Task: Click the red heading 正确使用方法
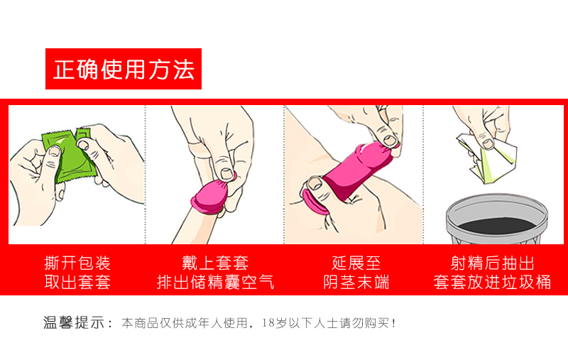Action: pos(124,69)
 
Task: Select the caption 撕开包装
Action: pos(77,263)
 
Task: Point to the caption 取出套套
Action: pos(77,282)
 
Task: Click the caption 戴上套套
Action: pos(215,263)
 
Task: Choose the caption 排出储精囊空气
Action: pos(215,282)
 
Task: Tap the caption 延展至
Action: pos(356,263)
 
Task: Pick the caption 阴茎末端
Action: pos(356,282)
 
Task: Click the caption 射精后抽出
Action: pos(492,263)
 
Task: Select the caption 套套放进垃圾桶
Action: pos(492,282)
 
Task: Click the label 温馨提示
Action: pos(77,323)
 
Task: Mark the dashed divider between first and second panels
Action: pos(146,174)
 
